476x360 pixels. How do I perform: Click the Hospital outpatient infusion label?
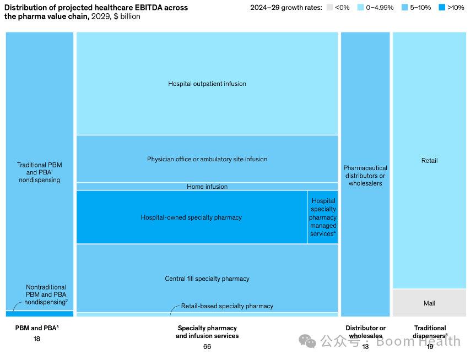[x=207, y=84]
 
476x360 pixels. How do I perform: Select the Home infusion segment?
[x=207, y=187]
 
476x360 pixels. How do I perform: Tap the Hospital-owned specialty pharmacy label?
[x=191, y=217]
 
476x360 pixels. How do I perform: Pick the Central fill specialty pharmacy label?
[x=207, y=279]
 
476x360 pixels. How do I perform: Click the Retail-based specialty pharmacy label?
[x=227, y=306]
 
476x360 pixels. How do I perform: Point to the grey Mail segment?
[x=429, y=303]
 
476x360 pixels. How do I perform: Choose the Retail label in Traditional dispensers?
[x=429, y=161]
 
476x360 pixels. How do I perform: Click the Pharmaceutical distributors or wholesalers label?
[x=365, y=176]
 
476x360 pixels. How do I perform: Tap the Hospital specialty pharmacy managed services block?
[x=323, y=217]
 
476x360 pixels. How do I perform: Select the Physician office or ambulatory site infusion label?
[x=207, y=160]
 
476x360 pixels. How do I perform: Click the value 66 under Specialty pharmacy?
[x=207, y=347]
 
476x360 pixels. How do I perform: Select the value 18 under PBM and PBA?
[x=37, y=339]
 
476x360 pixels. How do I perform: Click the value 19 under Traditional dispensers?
[x=429, y=347]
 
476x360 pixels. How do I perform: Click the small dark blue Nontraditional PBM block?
[x=40, y=314]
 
